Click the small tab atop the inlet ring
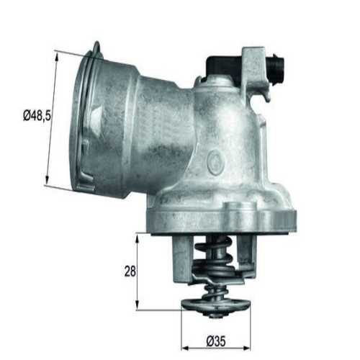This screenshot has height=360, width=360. click(x=96, y=49)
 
